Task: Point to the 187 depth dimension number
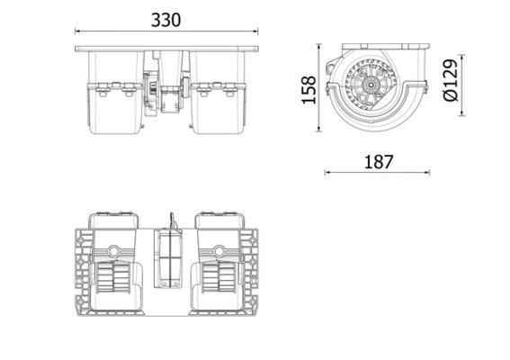[x=378, y=162]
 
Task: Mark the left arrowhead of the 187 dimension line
[x=327, y=172]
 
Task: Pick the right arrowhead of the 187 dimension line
[x=428, y=172]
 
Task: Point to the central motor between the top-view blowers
[x=167, y=90]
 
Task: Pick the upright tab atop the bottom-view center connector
[x=168, y=220]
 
